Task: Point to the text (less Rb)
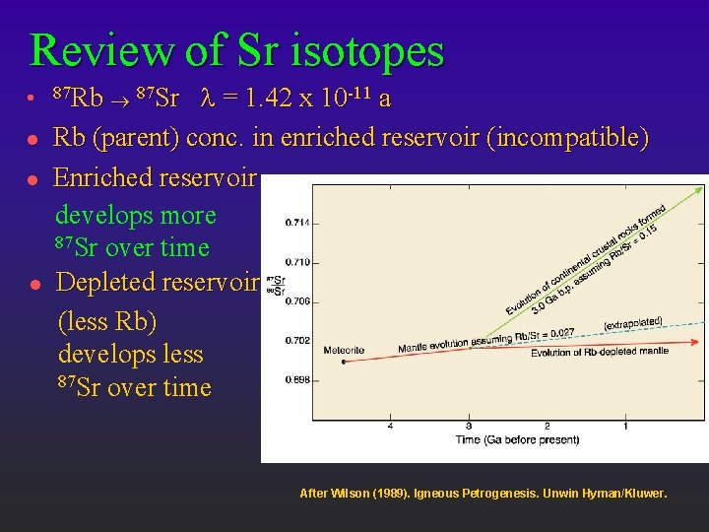pos(107,321)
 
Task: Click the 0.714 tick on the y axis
pos(296,223)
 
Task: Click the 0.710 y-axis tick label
pos(296,262)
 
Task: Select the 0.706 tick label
pos(296,300)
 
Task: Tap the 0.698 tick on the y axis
pos(296,379)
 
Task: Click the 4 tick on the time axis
pos(391,426)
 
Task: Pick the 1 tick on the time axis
pos(626,426)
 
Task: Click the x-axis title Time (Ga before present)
pos(517,439)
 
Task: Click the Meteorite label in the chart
pos(344,350)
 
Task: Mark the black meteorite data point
pos(344,362)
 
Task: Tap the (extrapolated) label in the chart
pos(633,323)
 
